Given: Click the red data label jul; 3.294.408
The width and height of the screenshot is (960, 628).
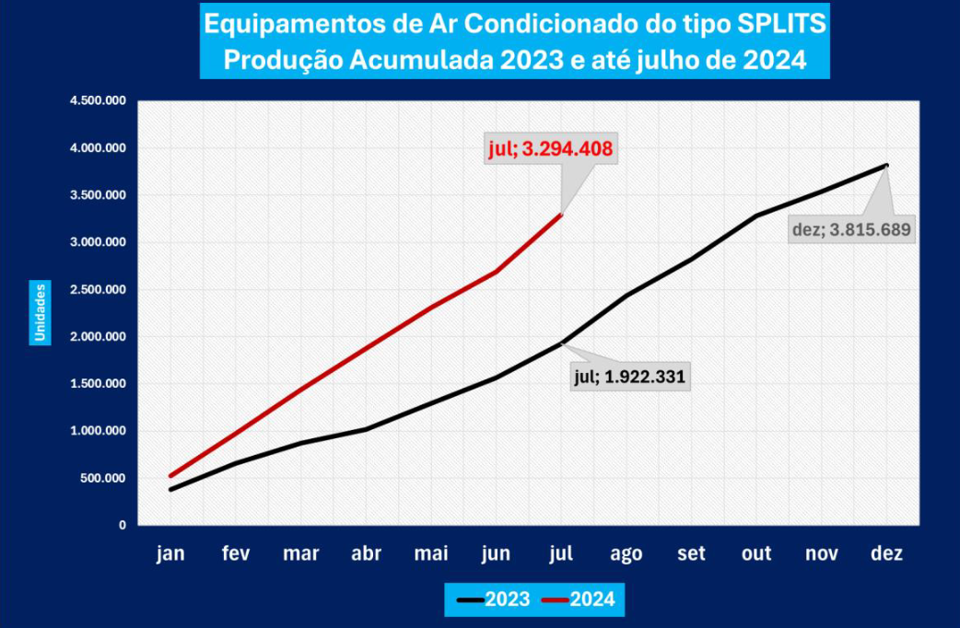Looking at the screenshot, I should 550,148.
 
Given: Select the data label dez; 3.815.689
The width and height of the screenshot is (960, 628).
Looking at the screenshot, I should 851,229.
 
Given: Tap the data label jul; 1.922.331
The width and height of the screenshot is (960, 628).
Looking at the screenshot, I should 631,376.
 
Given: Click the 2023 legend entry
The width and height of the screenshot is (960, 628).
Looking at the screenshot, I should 494,599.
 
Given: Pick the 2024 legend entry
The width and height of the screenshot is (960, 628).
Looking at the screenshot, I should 579,599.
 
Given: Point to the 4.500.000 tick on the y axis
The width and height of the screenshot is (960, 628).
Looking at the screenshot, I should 99,101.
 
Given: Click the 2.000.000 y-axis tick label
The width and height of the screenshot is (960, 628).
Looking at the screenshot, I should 99,337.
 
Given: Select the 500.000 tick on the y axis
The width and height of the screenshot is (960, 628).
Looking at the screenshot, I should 104,478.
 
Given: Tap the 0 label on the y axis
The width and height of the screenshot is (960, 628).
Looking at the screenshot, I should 122,525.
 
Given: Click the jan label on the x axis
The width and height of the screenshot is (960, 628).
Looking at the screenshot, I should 170,554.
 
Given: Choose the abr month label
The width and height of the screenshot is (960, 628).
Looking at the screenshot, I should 366,554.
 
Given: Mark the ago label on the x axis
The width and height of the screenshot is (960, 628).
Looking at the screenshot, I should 626,554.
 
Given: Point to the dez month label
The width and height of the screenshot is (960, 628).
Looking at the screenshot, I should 886,554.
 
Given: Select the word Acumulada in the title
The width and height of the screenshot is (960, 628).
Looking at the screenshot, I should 421,61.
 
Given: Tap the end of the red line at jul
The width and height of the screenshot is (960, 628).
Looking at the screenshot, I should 561,215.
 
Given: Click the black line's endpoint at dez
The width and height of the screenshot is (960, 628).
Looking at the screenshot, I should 886,166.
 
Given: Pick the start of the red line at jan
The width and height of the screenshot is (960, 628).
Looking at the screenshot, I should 170,476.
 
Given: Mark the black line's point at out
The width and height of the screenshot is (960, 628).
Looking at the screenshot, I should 756,216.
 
